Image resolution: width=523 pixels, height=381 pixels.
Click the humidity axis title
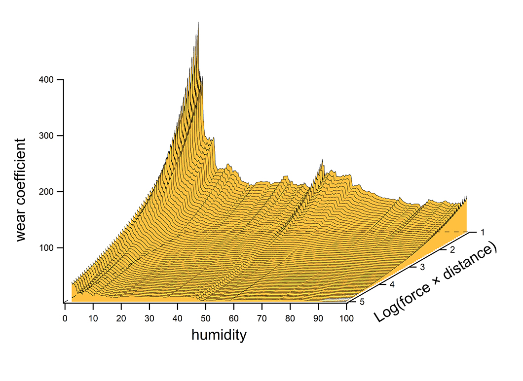(x=219, y=336)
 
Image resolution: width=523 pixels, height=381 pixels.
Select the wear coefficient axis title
(x=20, y=190)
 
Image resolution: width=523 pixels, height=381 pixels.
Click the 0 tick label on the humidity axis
(x=65, y=319)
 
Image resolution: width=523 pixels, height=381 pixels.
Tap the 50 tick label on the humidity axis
(x=206, y=319)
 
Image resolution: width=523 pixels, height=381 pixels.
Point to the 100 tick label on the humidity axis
(x=346, y=319)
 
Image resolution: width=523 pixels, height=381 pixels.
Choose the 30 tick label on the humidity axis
(x=149, y=319)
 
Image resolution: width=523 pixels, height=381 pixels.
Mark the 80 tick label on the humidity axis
(x=290, y=319)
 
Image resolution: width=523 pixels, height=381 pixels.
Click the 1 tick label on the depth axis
(x=485, y=231)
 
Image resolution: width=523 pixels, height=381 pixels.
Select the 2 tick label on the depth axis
(x=451, y=250)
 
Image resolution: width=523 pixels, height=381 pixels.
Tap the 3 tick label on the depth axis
(x=421, y=267)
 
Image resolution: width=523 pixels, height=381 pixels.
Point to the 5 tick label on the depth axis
(x=362, y=302)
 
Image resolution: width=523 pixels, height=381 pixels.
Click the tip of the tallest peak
(x=198, y=22)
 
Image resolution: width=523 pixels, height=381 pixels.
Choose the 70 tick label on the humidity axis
(x=262, y=319)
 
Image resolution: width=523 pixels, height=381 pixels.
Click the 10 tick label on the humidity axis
(x=93, y=319)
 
